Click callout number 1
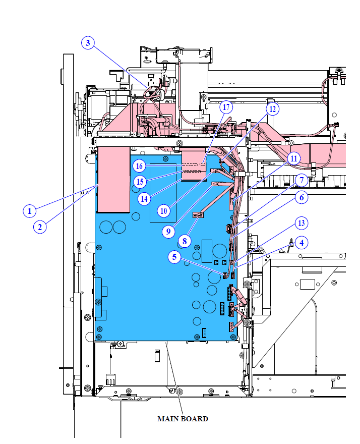(x=29, y=211)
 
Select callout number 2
(x=40, y=227)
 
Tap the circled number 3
(x=88, y=43)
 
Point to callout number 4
(x=302, y=243)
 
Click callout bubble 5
(x=174, y=257)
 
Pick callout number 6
(x=302, y=197)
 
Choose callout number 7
(x=302, y=181)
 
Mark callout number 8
(x=185, y=241)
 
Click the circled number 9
(x=168, y=232)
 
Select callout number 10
(x=163, y=211)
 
